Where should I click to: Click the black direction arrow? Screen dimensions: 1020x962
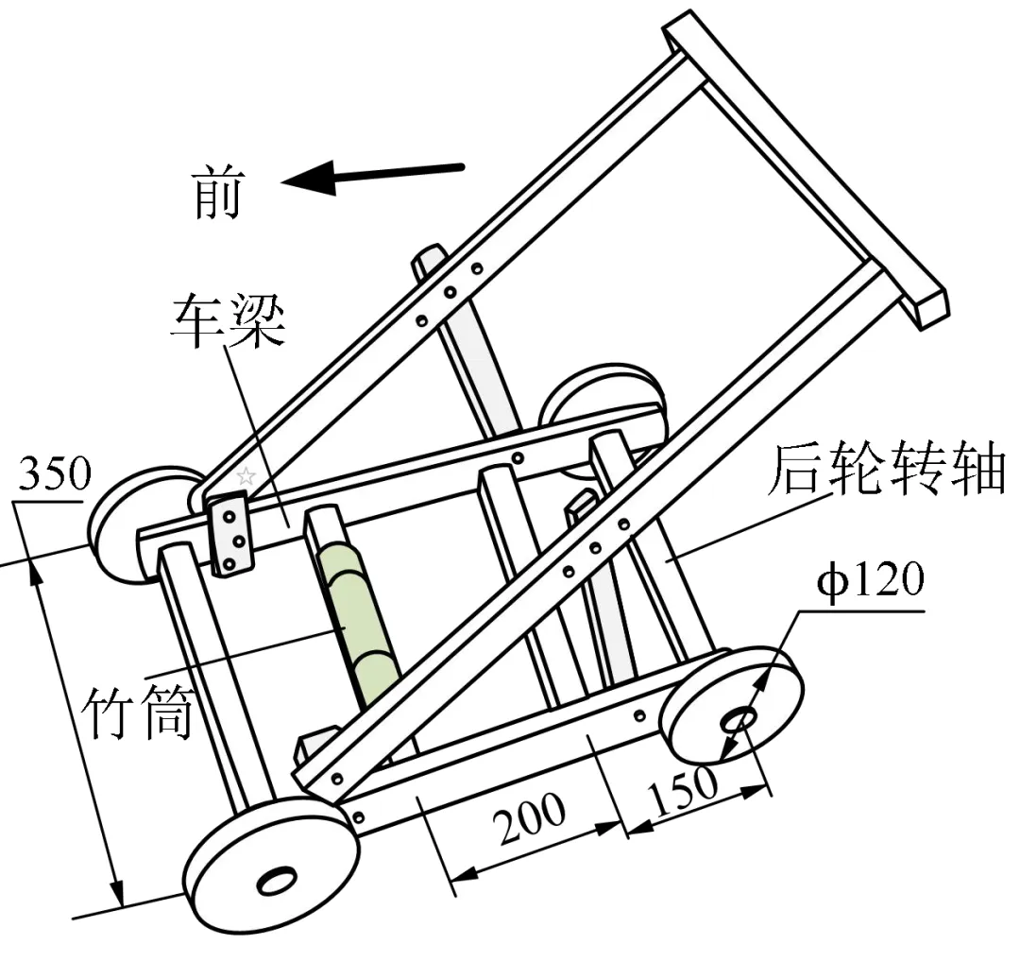pos(373,175)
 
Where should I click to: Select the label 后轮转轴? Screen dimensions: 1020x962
pos(885,471)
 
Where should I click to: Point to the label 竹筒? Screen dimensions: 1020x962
pos(140,712)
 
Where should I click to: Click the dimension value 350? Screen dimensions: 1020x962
pos(54,475)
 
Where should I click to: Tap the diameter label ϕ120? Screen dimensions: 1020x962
pos(869,579)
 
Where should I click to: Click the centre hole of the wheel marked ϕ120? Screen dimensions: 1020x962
pos(738,720)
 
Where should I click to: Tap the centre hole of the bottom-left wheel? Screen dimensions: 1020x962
pos(276,880)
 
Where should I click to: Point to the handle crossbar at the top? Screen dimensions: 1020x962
pos(803,165)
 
